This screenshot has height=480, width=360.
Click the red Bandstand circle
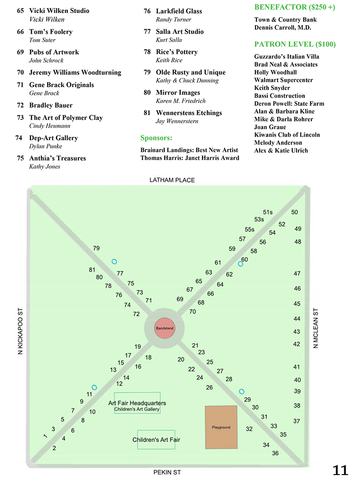[x=164, y=328]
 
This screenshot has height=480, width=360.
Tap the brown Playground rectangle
[x=221, y=427]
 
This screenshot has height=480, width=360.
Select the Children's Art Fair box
[x=156, y=439]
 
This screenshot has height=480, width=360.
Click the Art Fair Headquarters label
[x=137, y=403]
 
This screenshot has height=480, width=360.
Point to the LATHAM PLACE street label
[x=172, y=180]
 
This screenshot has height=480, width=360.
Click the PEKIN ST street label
[x=167, y=473]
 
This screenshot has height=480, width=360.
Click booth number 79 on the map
[x=96, y=248]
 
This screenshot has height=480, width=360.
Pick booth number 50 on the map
[x=295, y=212]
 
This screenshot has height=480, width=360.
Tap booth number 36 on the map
[x=275, y=453]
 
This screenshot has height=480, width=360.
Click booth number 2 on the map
[x=54, y=448]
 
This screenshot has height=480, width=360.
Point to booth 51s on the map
[x=268, y=212]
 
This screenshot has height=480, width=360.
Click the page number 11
[x=340, y=470]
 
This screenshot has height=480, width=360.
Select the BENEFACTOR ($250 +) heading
[x=294, y=7]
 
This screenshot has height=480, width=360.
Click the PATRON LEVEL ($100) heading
[x=295, y=44]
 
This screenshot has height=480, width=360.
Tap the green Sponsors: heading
[x=156, y=138]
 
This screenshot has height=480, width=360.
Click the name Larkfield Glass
[x=179, y=11]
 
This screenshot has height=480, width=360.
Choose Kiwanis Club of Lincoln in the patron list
[x=287, y=135]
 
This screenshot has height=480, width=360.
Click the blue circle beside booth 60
[x=241, y=264]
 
